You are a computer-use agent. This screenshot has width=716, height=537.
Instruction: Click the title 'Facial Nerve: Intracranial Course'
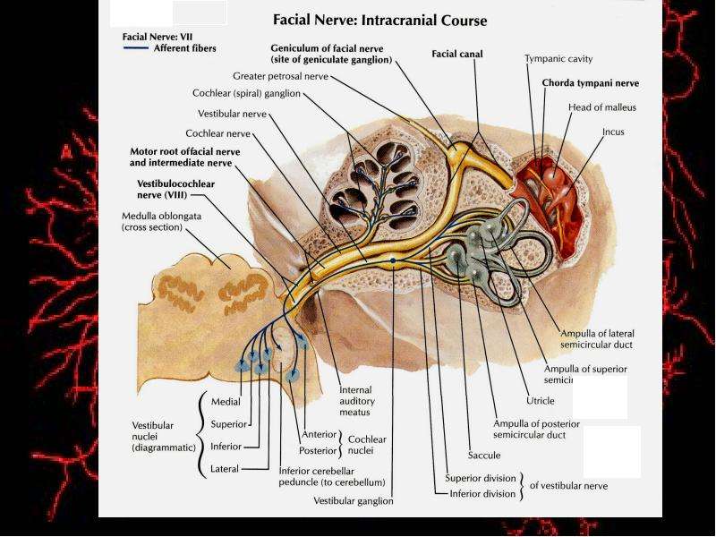click(379, 21)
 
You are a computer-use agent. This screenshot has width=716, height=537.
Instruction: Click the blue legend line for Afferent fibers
click(136, 47)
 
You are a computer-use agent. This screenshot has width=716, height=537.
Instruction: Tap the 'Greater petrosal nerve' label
click(280, 76)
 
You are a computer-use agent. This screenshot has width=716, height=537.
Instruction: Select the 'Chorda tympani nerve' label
click(591, 83)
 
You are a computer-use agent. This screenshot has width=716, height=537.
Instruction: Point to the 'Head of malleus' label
click(601, 107)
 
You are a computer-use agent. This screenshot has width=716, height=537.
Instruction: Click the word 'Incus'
click(613, 132)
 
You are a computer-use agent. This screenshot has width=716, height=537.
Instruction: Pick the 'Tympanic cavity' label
click(558, 59)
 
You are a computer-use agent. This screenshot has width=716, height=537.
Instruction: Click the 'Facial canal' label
click(457, 54)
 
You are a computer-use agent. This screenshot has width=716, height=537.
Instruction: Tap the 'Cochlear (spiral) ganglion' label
click(247, 94)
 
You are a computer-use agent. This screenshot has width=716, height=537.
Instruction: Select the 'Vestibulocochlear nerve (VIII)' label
click(175, 189)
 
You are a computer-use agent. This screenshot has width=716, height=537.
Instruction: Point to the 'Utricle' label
click(541, 400)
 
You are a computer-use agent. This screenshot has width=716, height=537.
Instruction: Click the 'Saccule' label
click(484, 456)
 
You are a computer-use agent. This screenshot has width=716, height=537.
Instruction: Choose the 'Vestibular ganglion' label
click(353, 501)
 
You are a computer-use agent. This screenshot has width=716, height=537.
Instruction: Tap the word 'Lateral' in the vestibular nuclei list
click(225, 468)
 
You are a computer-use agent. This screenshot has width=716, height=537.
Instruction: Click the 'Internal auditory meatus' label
click(356, 401)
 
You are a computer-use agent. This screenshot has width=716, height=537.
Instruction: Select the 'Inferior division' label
click(482, 494)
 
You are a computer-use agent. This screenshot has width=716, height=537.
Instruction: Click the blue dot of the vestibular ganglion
click(393, 260)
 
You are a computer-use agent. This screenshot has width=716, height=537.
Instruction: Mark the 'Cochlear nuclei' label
click(367, 445)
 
